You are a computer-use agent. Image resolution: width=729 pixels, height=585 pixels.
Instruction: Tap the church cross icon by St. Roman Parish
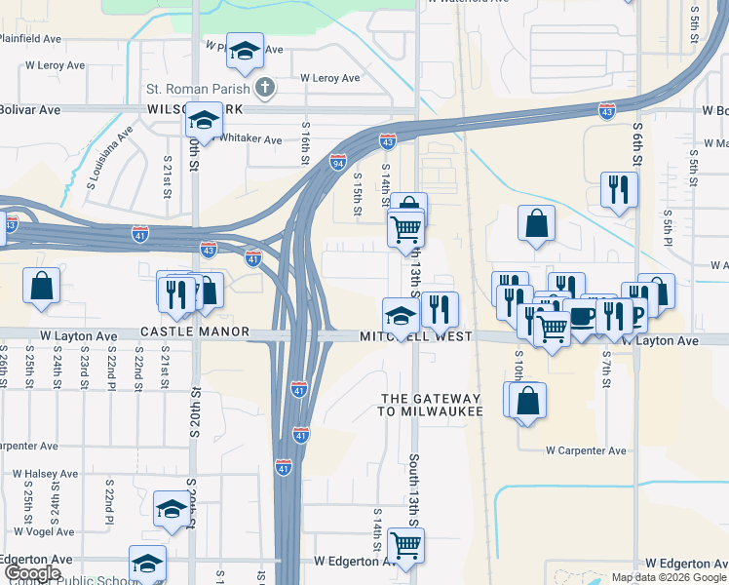[263, 89]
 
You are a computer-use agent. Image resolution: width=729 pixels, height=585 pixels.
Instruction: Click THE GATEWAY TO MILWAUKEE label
[431, 405]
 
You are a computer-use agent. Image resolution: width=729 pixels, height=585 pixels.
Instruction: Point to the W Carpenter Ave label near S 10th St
[586, 450]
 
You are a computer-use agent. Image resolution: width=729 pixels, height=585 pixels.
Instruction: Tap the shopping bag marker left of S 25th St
[41, 287]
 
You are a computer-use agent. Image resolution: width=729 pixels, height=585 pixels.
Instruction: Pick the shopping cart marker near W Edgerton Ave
[405, 545]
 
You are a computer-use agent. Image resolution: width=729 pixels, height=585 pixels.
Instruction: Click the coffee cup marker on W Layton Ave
[582, 317]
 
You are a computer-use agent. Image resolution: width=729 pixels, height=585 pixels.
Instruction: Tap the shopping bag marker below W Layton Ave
[527, 400]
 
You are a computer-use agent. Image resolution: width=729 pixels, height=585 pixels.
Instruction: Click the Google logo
[31, 573]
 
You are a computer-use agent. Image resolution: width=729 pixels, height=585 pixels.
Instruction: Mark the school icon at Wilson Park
[204, 120]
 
